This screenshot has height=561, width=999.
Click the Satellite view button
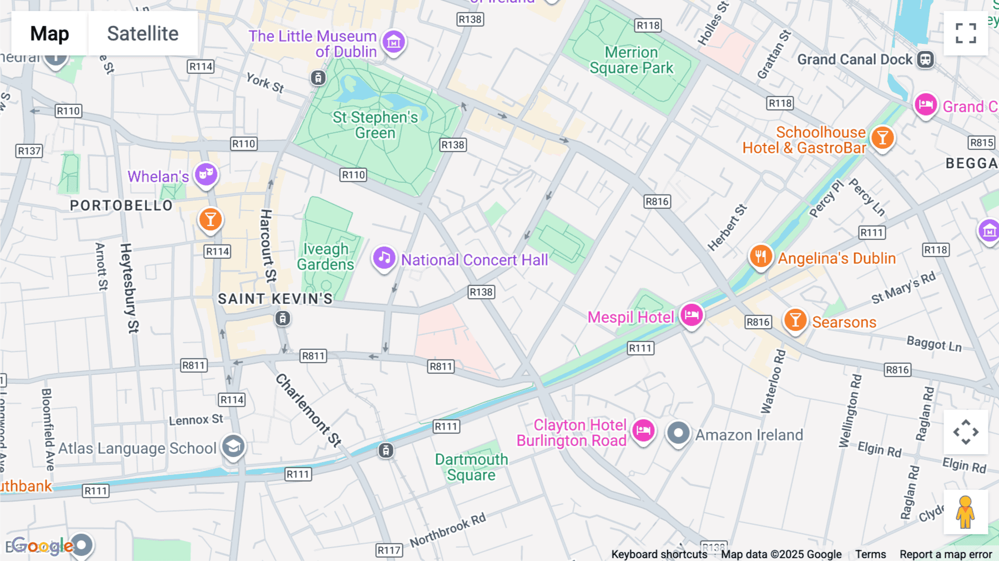click(143, 33)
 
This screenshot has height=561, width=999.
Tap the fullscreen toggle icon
click(966, 33)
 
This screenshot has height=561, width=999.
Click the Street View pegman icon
click(966, 512)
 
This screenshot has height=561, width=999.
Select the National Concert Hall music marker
click(384, 258)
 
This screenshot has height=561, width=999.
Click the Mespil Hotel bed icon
click(692, 315)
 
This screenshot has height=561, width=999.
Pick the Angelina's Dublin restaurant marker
click(760, 256)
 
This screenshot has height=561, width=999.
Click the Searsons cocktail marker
click(795, 320)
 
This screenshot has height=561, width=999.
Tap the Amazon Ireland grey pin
click(678, 433)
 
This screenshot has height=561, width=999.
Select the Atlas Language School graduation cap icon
click(233, 446)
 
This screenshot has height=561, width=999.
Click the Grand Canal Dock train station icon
click(925, 59)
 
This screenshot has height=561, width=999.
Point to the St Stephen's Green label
click(375, 125)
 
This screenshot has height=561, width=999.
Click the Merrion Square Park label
click(631, 60)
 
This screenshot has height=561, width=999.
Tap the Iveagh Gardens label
click(326, 257)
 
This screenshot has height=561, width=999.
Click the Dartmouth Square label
click(471, 467)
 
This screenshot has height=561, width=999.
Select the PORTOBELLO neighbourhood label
click(121, 206)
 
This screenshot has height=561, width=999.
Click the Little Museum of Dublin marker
click(393, 41)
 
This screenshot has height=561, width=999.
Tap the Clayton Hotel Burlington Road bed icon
click(643, 430)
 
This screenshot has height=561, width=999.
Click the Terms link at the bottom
click(870, 554)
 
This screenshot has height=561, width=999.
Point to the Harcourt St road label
click(268, 246)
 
